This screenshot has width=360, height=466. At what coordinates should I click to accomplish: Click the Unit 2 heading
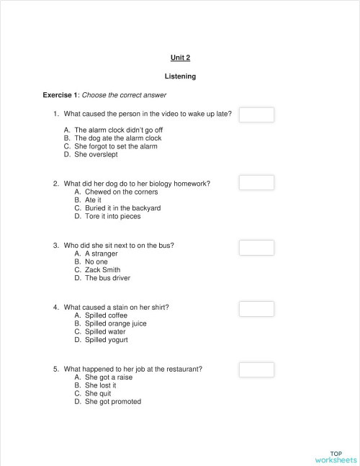(x=180, y=58)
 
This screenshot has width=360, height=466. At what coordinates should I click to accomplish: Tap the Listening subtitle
(x=180, y=76)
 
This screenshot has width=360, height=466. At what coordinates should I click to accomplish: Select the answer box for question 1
(x=256, y=115)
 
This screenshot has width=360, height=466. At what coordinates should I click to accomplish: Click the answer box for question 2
(x=256, y=182)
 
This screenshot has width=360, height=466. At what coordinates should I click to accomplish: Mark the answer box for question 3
(x=256, y=248)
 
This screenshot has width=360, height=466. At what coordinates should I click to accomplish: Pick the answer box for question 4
(x=256, y=309)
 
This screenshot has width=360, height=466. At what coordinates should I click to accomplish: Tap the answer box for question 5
(x=256, y=370)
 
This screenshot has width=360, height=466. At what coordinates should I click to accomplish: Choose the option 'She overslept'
(x=96, y=154)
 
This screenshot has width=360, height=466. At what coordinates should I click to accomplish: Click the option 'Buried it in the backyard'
(x=122, y=208)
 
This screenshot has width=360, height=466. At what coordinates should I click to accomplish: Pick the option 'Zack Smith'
(x=103, y=270)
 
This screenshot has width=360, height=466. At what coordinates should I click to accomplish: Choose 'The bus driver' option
(x=107, y=278)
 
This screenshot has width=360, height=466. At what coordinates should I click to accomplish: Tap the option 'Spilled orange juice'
(x=115, y=323)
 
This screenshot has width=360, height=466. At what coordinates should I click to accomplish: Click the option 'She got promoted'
(x=113, y=402)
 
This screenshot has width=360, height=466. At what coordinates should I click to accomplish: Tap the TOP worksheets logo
(x=336, y=457)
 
